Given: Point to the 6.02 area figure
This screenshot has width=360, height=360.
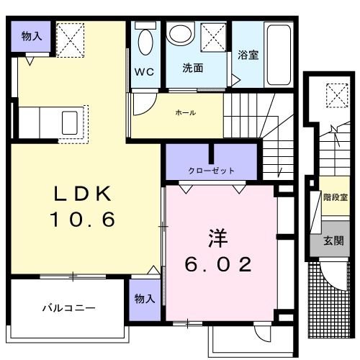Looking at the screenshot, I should (x=219, y=265).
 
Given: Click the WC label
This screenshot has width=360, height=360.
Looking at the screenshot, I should (x=143, y=72).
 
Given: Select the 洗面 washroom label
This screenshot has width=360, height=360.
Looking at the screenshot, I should (x=192, y=69).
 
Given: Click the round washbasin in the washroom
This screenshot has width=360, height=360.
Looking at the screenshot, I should (x=179, y=34).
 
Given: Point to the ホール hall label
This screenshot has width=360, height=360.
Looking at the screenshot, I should (x=186, y=112).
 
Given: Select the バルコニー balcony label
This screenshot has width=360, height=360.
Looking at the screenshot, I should (x=68, y=307).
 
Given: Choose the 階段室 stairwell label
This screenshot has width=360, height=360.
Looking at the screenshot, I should (x=332, y=196).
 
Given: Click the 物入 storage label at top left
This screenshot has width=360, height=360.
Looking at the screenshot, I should (x=32, y=36).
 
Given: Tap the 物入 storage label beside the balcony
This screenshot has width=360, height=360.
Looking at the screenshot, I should (x=145, y=298).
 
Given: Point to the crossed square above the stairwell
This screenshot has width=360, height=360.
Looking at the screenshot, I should (x=336, y=94).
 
